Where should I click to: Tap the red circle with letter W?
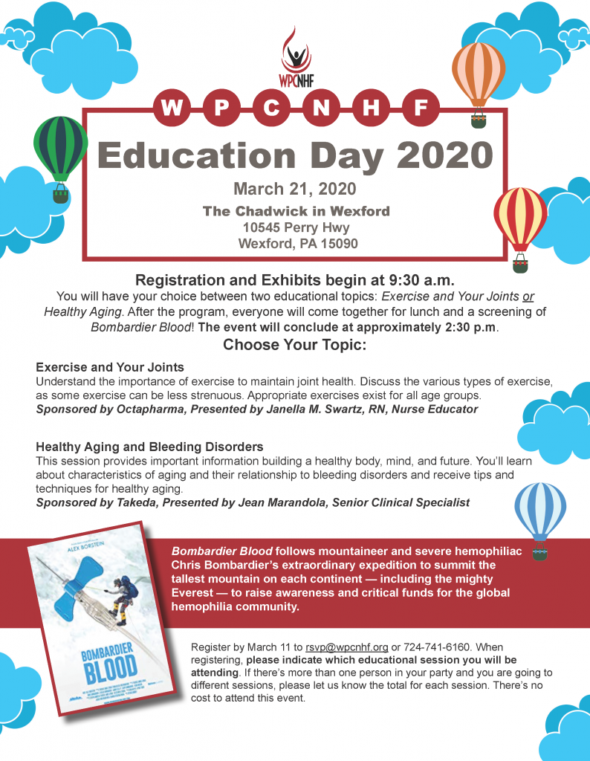172,109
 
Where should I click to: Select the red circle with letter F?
420,109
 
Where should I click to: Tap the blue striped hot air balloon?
540,511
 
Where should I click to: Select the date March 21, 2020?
295,189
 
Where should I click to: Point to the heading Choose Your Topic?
295,345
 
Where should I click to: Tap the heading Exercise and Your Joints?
110,367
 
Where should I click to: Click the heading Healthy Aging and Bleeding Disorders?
149,447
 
